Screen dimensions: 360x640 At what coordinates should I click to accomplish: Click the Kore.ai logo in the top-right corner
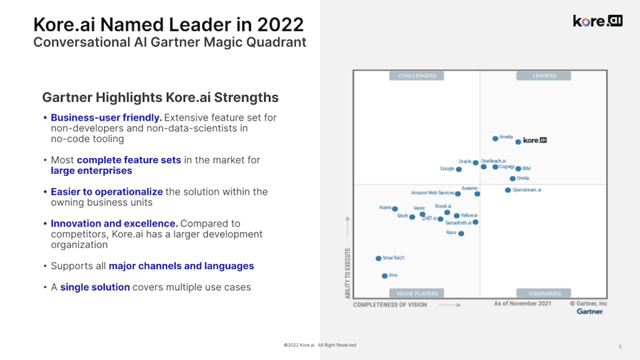(x=597, y=21)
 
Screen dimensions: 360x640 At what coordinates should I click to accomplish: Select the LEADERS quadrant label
(x=544, y=76)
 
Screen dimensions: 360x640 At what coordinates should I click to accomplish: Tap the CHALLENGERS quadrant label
(x=417, y=76)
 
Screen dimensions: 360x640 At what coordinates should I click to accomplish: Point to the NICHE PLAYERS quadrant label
(x=417, y=294)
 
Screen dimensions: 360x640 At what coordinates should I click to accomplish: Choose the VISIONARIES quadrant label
(x=544, y=294)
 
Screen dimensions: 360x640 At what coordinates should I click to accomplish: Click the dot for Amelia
(x=495, y=138)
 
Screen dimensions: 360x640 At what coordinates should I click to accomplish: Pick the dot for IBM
(x=518, y=169)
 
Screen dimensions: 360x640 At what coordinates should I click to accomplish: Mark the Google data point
(x=459, y=169)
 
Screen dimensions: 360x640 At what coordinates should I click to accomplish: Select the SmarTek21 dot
(x=378, y=258)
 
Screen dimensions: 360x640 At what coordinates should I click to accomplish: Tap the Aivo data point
(x=384, y=276)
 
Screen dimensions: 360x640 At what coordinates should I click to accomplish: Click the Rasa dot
(x=461, y=234)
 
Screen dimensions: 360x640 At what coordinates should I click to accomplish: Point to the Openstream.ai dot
(x=508, y=190)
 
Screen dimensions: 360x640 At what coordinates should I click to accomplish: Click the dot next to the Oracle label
(x=476, y=162)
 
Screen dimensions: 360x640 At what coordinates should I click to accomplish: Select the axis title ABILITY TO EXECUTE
(x=348, y=273)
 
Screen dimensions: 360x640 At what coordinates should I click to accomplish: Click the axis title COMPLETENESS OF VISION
(x=390, y=305)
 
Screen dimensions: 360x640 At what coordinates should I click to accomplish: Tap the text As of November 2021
(x=522, y=304)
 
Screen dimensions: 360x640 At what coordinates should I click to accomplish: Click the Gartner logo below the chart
(x=590, y=312)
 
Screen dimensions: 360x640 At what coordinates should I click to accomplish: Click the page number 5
(x=620, y=347)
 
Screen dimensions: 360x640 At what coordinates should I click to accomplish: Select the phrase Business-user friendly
(x=106, y=118)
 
